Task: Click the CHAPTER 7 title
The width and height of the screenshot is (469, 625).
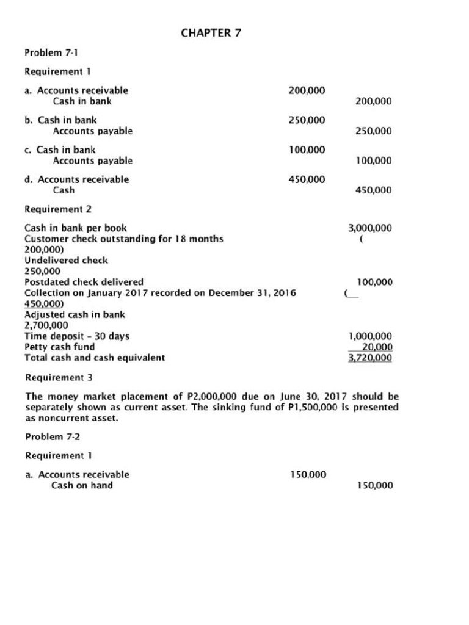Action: [x=211, y=33]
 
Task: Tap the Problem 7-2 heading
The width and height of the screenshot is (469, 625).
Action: [x=51, y=436]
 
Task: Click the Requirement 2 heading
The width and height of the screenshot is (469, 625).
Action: [x=58, y=209]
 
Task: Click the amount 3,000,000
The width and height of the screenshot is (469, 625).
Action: [x=369, y=228]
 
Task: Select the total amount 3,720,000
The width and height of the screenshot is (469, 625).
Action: [x=369, y=358]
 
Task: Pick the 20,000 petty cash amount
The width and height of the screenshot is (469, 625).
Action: [x=377, y=347]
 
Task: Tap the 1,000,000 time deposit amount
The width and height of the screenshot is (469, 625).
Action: [x=369, y=336]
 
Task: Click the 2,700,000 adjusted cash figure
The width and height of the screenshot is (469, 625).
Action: [x=46, y=325]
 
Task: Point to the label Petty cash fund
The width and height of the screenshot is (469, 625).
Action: [x=59, y=347]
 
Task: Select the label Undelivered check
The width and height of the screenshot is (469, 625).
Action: [x=66, y=260]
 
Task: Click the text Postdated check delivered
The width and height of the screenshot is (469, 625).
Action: [x=84, y=282]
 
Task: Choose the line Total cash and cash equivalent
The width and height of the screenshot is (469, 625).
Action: [x=95, y=358]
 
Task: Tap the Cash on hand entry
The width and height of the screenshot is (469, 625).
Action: [x=82, y=485]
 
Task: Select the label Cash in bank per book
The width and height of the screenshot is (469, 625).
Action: [x=76, y=228]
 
